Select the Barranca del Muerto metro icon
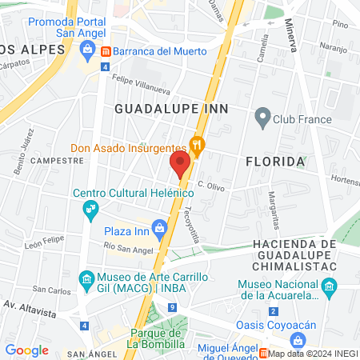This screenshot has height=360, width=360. [106, 51]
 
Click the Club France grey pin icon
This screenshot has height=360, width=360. [261, 118]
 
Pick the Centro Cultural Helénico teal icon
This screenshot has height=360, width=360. [90, 210]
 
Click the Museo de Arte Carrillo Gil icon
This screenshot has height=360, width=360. [86, 279]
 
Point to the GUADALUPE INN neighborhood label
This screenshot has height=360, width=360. [171, 108]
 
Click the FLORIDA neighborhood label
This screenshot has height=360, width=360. [275, 162]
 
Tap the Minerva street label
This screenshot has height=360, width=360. [290, 37]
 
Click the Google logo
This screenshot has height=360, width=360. [26, 350]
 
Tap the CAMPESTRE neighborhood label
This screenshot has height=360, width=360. [57, 160]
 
